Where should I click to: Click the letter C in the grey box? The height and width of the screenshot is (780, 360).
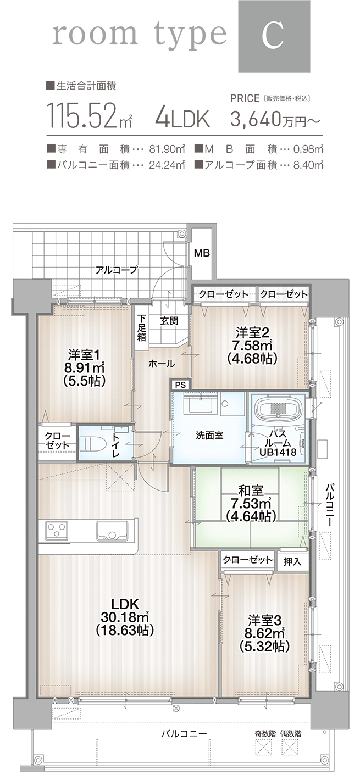coord(273,36)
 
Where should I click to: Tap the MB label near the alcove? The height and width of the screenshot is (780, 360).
coord(202,253)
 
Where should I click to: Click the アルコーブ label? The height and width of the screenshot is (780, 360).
coord(116,270)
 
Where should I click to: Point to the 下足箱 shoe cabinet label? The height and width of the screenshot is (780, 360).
coord(142,327)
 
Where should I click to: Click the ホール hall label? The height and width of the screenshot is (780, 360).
coord(162,364)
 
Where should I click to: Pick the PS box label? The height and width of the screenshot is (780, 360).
coord(180,385)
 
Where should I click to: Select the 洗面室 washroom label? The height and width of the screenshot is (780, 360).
coord(209,435)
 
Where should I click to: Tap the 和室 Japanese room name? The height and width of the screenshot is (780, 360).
coord(251,490)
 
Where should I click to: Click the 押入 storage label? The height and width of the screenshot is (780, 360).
coord(292,561)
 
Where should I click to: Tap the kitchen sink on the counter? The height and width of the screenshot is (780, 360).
coord(112,531)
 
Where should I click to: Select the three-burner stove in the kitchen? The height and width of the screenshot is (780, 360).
coord(55,531)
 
